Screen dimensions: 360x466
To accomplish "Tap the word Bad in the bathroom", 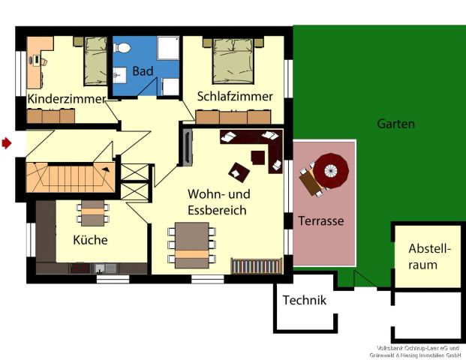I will [x=142, y=72].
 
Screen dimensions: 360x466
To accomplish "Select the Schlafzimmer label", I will [x=235, y=97].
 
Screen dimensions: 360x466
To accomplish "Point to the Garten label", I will [x=395, y=124].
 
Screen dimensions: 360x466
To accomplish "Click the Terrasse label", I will [x=321, y=221].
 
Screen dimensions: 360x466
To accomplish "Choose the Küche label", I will [x=90, y=241].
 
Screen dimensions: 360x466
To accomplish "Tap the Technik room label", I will [x=304, y=301].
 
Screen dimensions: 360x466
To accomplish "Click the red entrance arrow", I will [x=7, y=142].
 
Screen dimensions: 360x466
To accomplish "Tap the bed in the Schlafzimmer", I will [x=236, y=59].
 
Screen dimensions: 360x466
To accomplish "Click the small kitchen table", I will [x=93, y=212].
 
